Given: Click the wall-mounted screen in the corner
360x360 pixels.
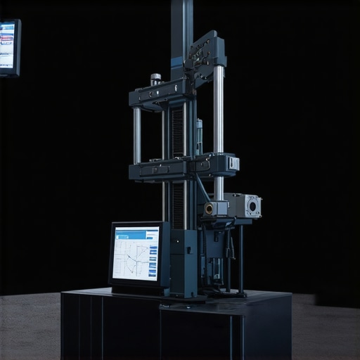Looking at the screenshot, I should click(8, 47).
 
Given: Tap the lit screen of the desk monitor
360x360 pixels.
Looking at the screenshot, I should click(136, 253).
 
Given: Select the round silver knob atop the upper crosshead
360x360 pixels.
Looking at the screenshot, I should click(155, 79).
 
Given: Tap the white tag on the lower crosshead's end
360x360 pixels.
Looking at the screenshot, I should click(233, 163).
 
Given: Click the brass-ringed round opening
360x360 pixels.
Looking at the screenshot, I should click(209, 209).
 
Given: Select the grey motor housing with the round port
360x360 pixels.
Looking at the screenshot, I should click(245, 205).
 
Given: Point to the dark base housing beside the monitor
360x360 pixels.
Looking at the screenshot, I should click(184, 262).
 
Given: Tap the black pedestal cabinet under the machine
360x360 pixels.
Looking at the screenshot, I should click(176, 327).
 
